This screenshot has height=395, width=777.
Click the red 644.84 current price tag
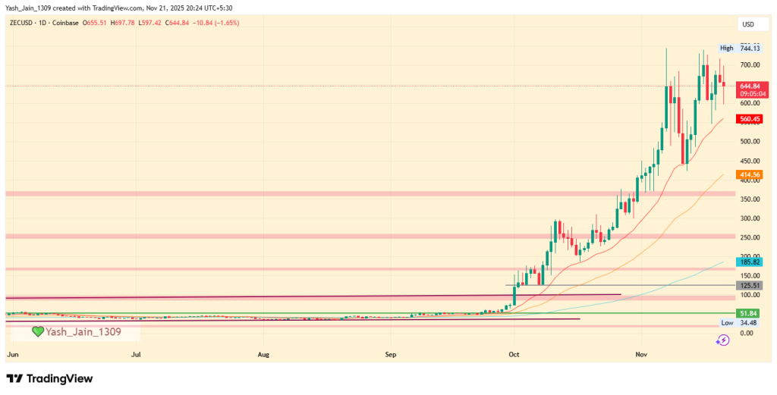click(750, 86)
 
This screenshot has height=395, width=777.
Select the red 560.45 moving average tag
click(750, 119)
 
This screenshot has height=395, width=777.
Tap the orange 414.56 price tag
click(750, 175)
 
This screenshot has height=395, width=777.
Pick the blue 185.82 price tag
click(750, 262)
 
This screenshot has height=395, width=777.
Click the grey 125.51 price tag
click(750, 285)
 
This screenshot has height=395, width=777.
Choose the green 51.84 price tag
click(750, 313)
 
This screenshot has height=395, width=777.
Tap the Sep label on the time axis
click(391, 354)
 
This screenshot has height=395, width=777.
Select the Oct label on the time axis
click(513, 354)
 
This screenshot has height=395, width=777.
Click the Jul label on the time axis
click(137, 354)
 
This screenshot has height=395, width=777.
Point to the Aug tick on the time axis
click(263, 354)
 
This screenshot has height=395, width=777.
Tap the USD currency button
click(747, 24)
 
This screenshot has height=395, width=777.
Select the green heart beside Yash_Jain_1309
click(37, 331)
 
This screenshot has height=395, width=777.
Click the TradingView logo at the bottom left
click(49, 378)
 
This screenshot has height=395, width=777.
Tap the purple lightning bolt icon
click(723, 340)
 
